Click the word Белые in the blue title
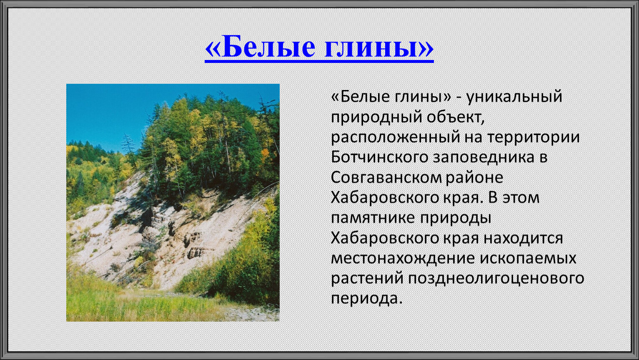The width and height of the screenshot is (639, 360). coord(268,47)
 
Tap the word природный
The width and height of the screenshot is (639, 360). coord(376,117)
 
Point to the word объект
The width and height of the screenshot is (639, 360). coord(456,117)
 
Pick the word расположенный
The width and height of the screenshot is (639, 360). coord(396,137)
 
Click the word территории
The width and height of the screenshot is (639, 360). coord(533,137)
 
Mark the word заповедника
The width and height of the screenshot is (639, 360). coord(484,158)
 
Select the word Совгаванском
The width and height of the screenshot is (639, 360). coord(386,177)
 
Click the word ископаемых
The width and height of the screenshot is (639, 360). coord(528,259)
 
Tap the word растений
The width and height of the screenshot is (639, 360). coord(367,279)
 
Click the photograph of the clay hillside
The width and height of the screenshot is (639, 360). coord(173,202)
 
